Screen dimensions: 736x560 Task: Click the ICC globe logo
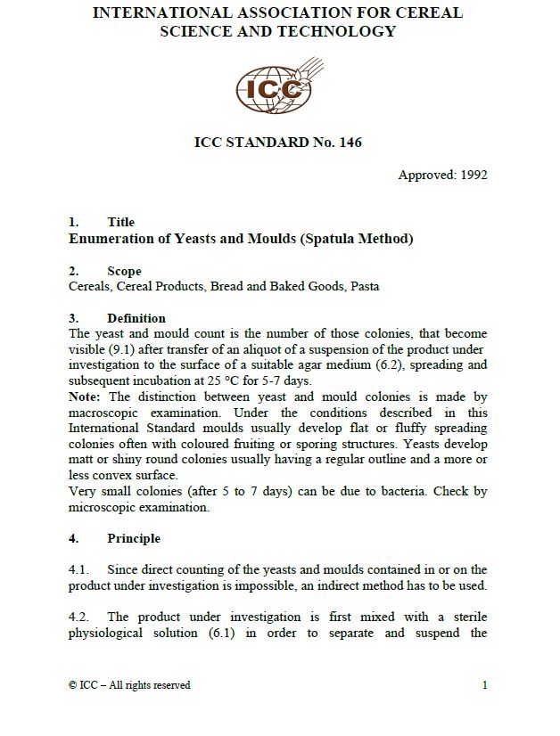click(274, 85)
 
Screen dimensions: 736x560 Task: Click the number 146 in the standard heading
click(350, 142)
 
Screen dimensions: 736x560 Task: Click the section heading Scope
click(124, 271)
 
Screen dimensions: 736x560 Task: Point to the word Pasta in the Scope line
click(365, 286)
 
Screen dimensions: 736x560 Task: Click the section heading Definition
click(136, 318)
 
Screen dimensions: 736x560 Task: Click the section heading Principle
click(134, 538)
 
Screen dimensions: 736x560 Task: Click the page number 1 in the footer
click(484, 685)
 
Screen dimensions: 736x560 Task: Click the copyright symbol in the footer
click(72, 685)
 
